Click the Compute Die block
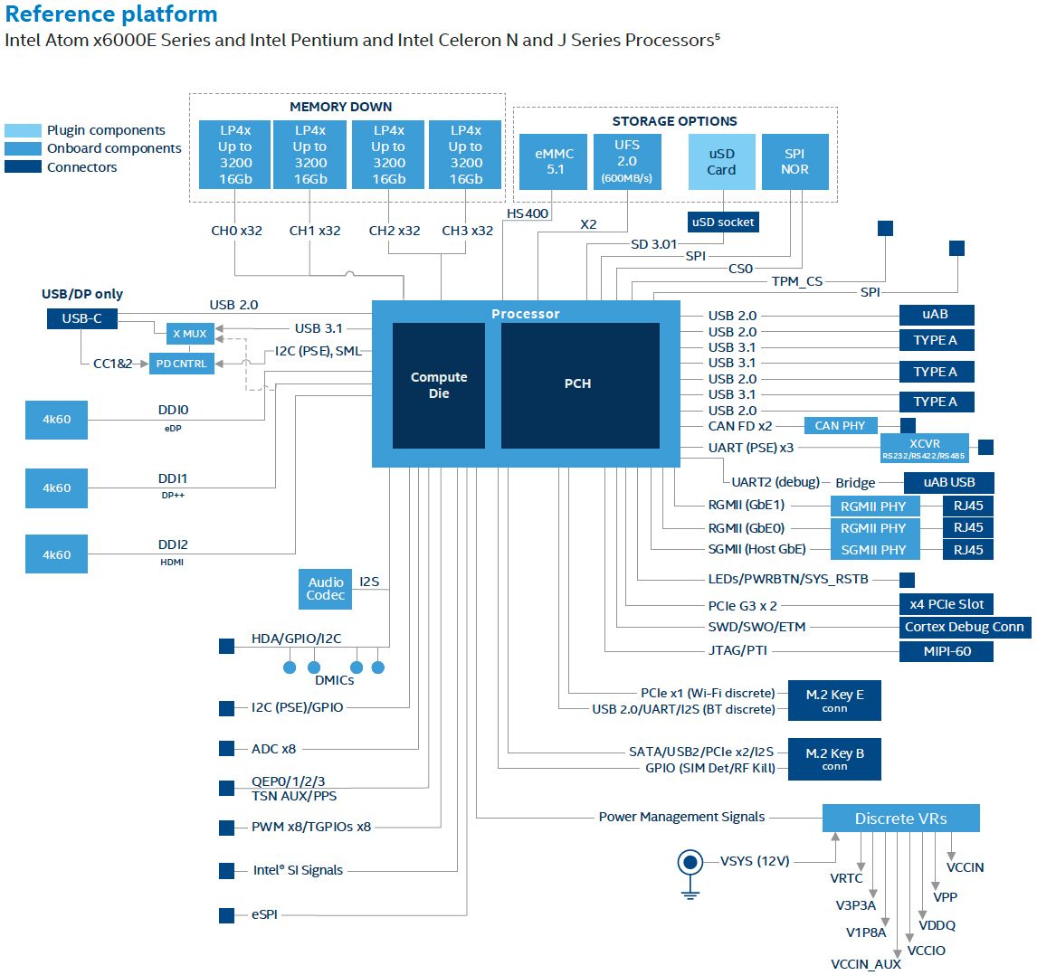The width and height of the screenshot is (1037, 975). point(439,385)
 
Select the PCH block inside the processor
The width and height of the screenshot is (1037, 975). point(579,384)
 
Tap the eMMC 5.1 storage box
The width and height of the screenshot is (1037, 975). point(554,162)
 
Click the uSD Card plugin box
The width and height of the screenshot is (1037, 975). point(721,162)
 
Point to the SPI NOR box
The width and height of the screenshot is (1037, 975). point(794,162)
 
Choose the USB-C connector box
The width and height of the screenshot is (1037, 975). point(81,318)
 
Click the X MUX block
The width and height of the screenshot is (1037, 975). point(190,334)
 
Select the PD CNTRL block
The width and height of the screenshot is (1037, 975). point(182,364)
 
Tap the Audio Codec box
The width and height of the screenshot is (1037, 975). point(325,589)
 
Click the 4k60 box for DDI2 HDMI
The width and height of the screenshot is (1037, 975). point(57,554)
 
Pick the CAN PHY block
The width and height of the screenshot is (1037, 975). point(840,425)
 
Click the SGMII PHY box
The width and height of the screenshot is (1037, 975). point(873,550)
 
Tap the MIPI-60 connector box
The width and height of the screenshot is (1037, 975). point(947,651)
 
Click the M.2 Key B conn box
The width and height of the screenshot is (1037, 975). point(834,759)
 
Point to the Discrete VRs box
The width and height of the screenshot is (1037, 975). point(900,819)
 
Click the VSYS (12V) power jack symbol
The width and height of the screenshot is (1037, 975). point(690,863)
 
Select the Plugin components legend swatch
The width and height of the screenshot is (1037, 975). point(23,130)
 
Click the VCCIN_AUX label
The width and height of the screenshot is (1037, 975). point(866,964)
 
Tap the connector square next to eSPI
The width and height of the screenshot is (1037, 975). point(227,915)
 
